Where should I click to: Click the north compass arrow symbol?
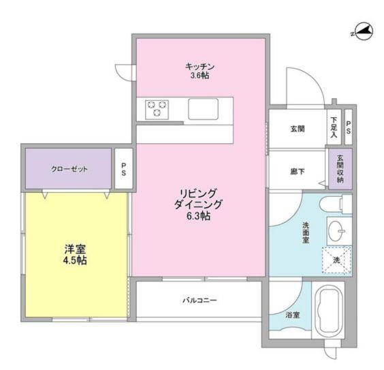[364, 29]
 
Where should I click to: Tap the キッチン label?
[200, 66]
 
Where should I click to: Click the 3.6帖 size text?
[200, 76]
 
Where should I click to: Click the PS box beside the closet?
[123, 168]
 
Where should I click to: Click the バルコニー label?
[199, 300]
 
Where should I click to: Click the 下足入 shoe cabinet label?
[334, 126]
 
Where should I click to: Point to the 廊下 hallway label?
[298, 173]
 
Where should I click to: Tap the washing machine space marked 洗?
[336, 260]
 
